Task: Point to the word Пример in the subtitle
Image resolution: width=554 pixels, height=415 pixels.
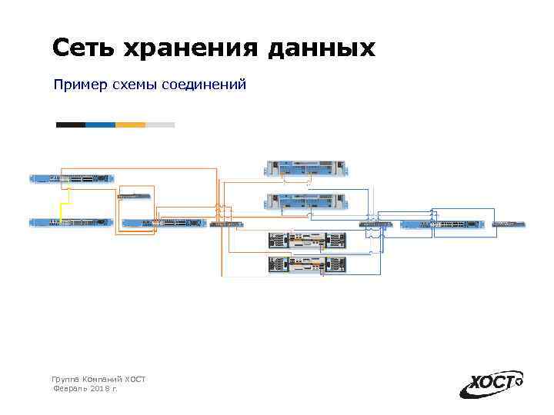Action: pos(78,85)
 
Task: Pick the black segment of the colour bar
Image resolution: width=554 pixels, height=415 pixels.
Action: pos(71,124)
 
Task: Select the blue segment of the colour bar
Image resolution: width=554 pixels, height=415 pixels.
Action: pos(100,124)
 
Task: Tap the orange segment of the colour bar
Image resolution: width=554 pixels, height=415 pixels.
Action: pos(130,124)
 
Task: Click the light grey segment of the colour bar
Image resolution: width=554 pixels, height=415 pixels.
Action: pos(160,124)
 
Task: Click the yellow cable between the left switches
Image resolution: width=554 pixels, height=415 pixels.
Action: pos(62,201)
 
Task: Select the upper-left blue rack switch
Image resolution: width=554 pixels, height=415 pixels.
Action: pos(72,178)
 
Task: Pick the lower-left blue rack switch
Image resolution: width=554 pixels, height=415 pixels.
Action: pos(72,223)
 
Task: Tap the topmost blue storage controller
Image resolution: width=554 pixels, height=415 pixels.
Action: pos(305,168)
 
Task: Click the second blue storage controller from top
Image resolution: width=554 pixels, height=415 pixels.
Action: pos(305,202)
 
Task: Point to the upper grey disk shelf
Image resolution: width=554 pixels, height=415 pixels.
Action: pos(305,241)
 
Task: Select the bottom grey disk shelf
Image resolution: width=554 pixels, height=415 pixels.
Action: pos(305,264)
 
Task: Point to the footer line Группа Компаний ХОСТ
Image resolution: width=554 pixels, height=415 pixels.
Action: pos(98,380)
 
